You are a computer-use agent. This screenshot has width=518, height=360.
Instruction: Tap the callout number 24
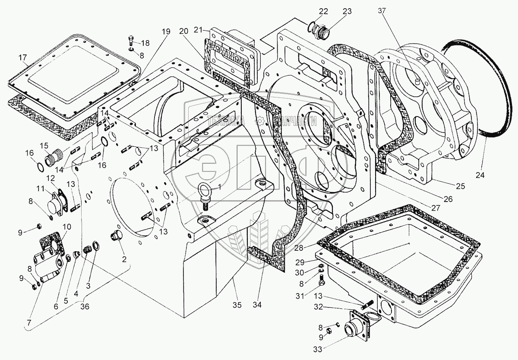click(x=480, y=175)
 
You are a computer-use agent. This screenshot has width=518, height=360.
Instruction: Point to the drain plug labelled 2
click(x=116, y=237)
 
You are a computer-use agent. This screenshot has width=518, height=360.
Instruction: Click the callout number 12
click(x=51, y=177)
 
